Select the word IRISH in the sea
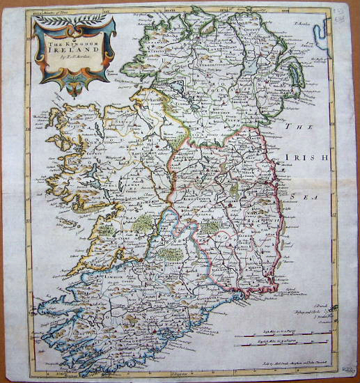click(311, 159)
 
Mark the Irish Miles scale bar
click(285, 336)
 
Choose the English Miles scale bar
click(285, 346)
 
